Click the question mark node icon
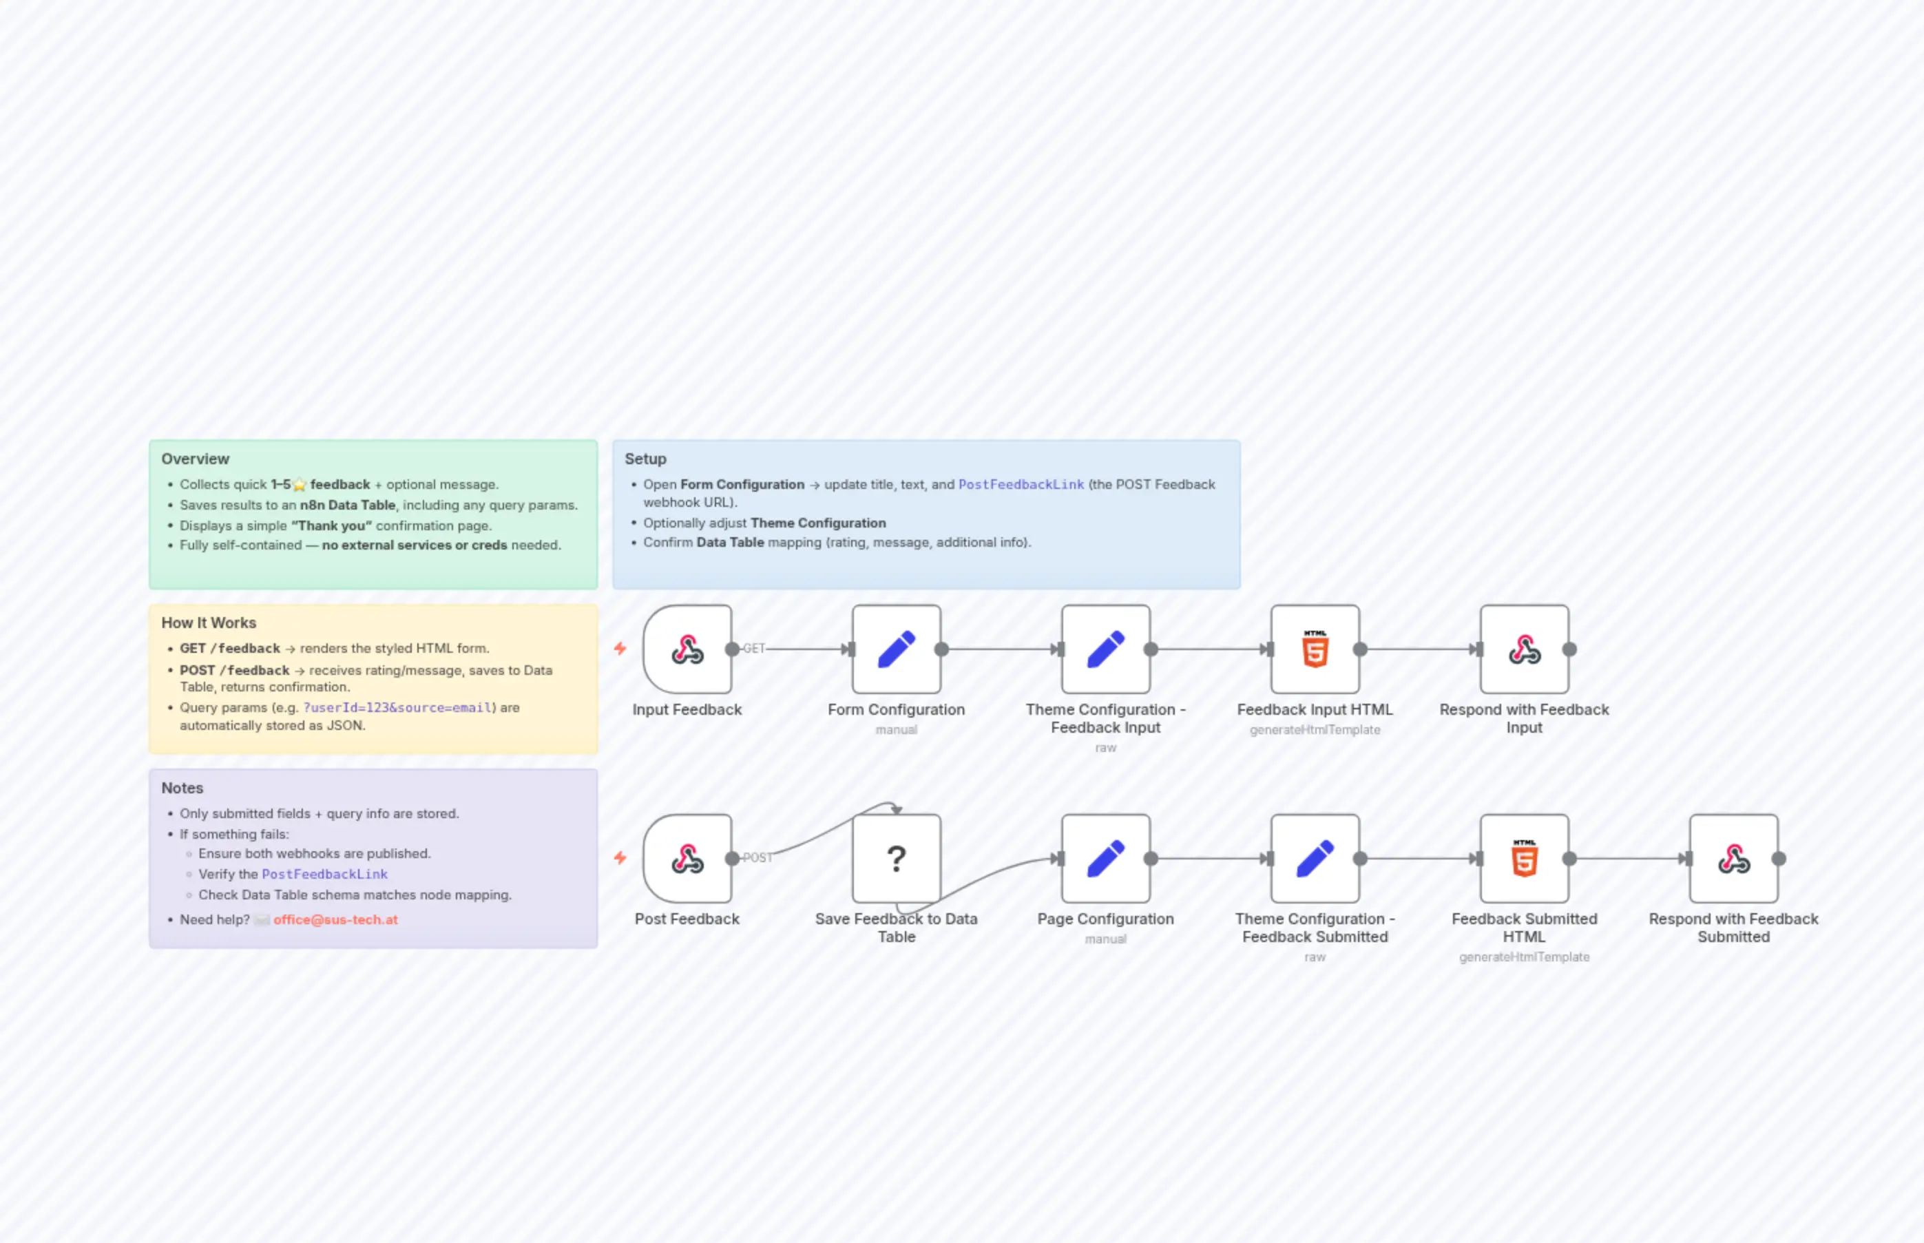(x=896, y=859)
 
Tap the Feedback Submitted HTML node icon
(x=1524, y=859)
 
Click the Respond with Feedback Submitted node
(x=1733, y=859)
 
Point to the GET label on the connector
(x=754, y=649)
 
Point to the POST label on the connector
(x=757, y=858)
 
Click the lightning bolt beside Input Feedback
(x=620, y=648)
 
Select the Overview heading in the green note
(x=196, y=459)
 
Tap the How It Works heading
(x=208, y=623)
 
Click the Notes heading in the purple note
(x=182, y=788)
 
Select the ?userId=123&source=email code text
(x=397, y=707)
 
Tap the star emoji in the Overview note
(x=300, y=485)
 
